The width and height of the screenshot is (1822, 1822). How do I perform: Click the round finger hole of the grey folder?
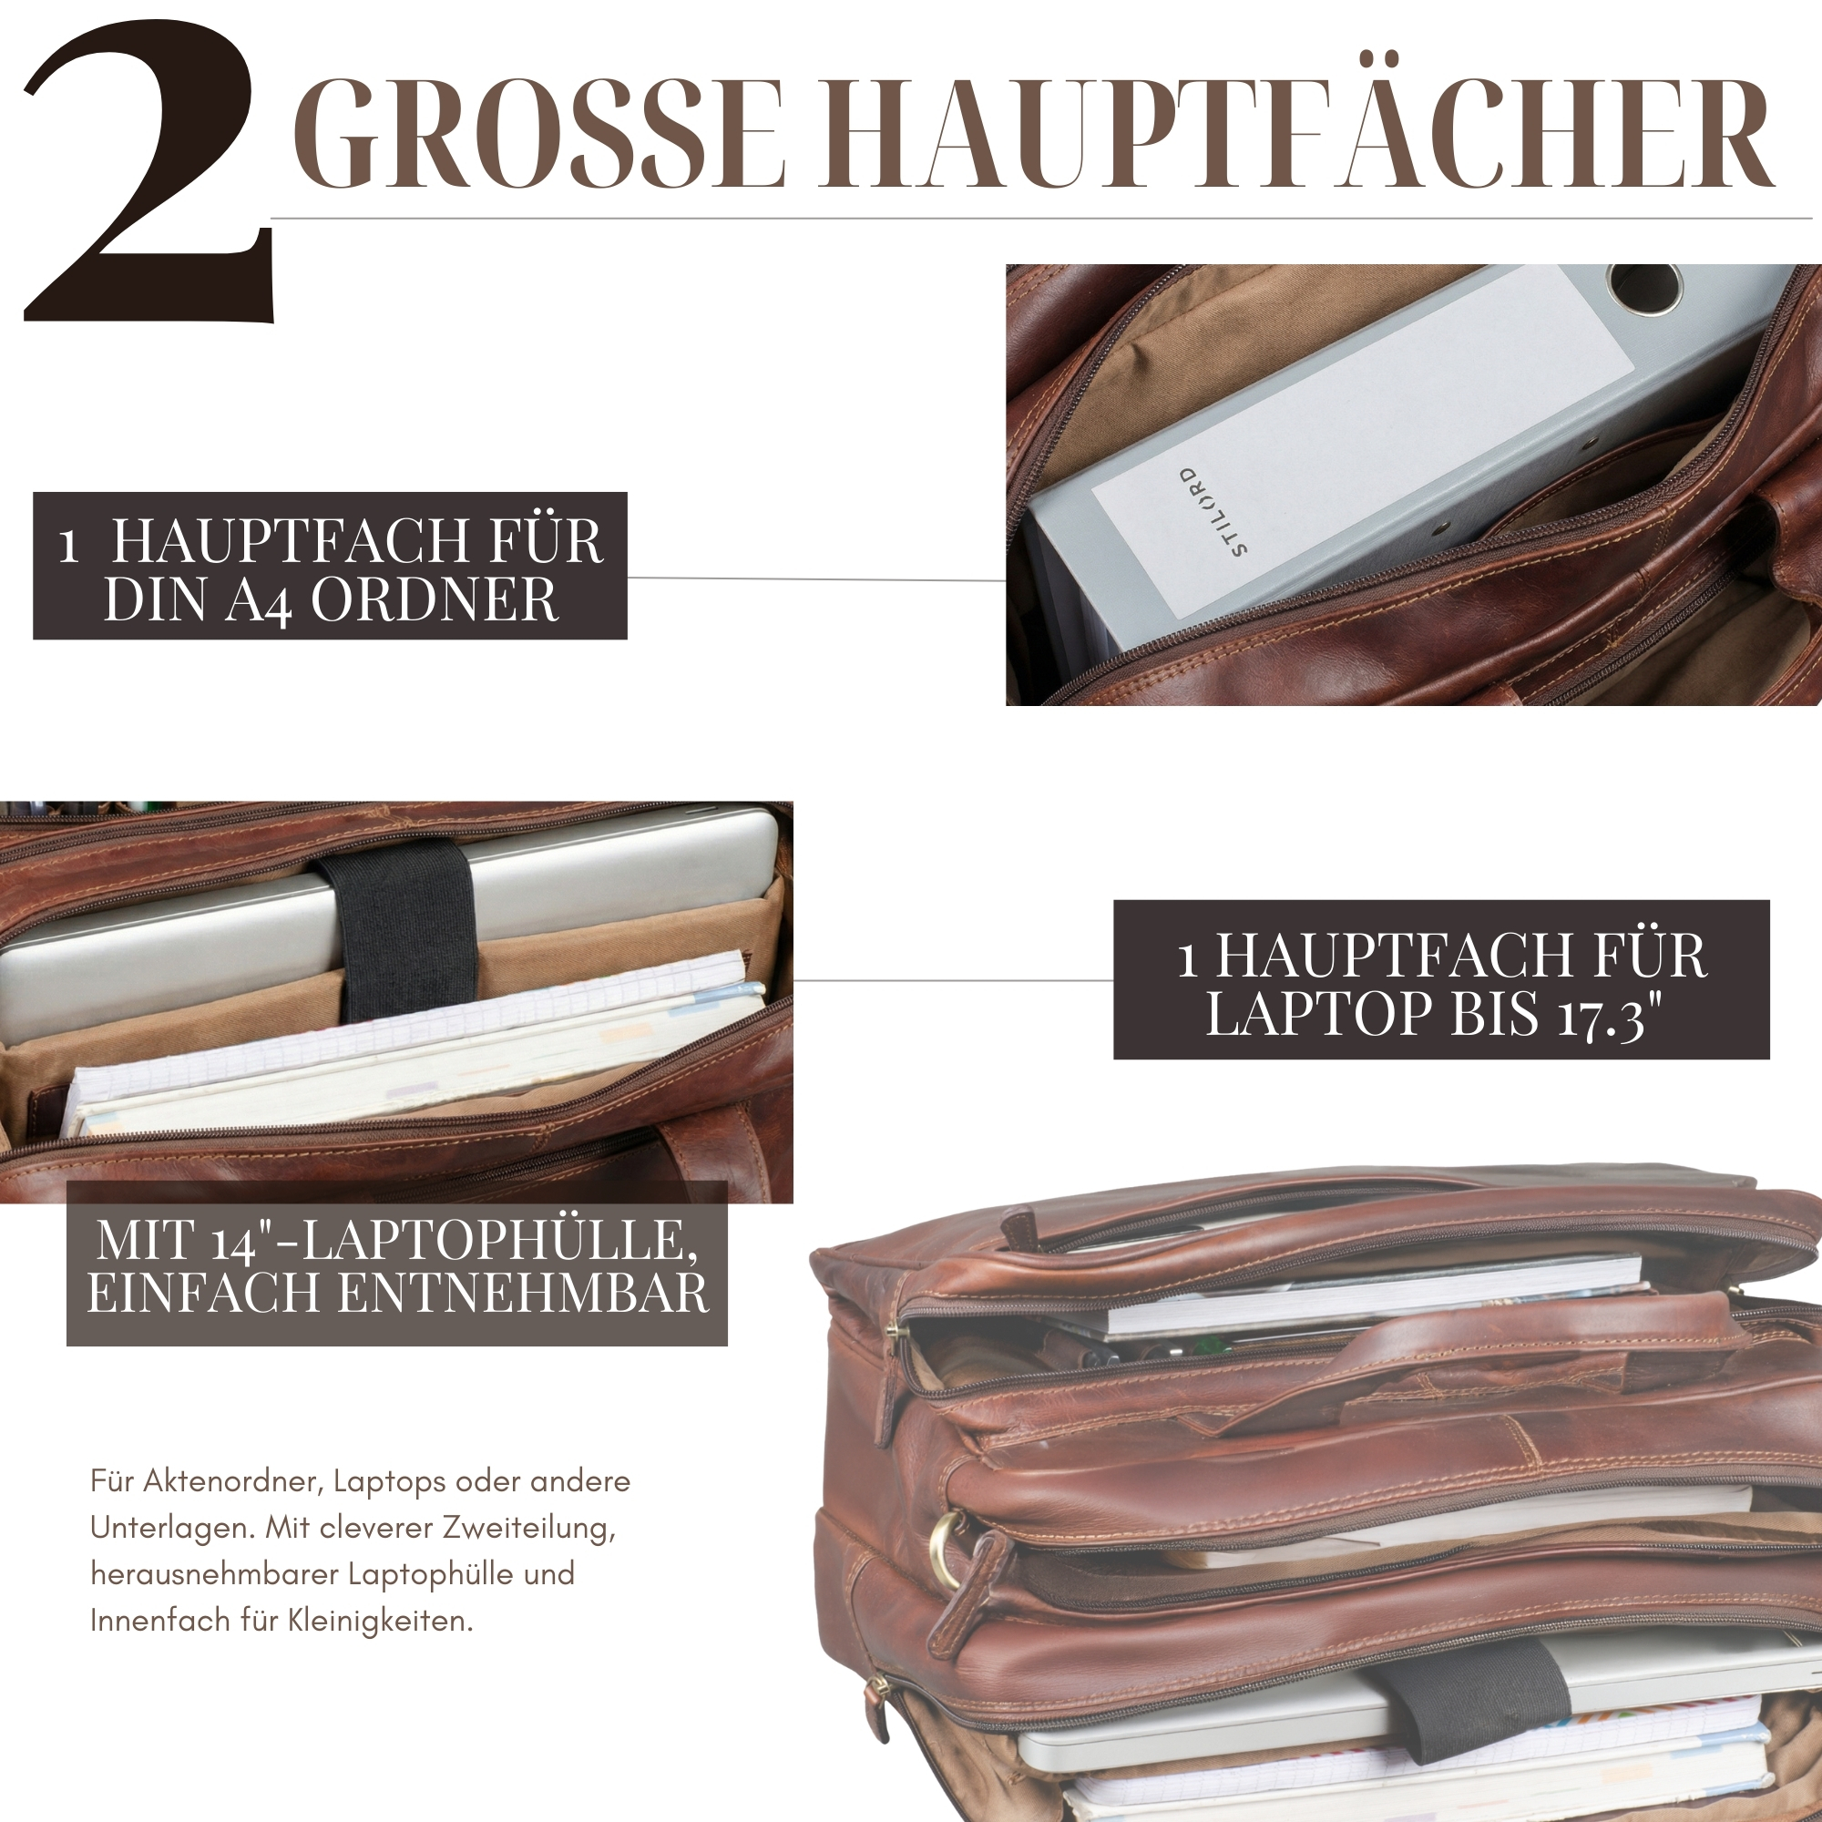[1646, 288]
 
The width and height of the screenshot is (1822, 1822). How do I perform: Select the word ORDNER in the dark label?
[435, 599]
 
